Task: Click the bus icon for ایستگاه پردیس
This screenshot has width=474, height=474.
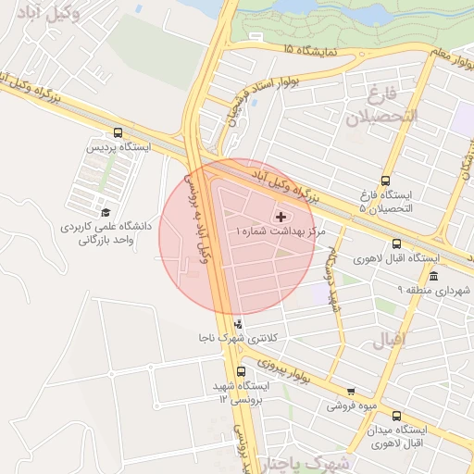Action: (x=118, y=132)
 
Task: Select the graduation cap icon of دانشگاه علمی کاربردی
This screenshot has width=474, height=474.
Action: (x=105, y=212)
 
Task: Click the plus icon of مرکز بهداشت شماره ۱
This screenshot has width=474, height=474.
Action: (x=282, y=216)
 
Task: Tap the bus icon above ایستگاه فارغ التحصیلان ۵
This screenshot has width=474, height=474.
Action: (x=385, y=181)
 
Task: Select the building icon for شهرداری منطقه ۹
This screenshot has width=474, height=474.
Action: (x=433, y=276)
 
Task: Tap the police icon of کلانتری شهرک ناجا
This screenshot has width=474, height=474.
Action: (x=240, y=323)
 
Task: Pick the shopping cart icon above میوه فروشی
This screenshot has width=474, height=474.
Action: (x=350, y=392)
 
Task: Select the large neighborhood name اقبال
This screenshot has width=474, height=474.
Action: (x=389, y=340)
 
